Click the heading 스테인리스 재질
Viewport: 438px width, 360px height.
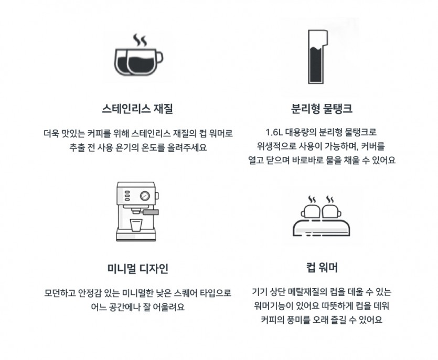point(137,109)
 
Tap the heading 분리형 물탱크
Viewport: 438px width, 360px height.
point(322,109)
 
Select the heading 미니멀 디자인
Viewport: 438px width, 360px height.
point(138,268)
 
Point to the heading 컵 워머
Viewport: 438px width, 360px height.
point(322,268)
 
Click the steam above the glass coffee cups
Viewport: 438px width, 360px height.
point(140,40)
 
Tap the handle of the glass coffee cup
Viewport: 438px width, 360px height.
point(159,58)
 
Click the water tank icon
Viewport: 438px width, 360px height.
point(317,57)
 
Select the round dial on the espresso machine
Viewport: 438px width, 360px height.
point(145,196)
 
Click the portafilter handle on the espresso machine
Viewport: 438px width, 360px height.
point(151,213)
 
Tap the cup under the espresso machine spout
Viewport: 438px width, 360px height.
point(136,225)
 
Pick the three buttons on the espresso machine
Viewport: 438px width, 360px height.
point(127,196)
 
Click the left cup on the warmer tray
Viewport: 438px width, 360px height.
point(311,211)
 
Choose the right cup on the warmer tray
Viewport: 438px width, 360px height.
point(332,211)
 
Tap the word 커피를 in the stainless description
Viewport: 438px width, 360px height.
point(100,133)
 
